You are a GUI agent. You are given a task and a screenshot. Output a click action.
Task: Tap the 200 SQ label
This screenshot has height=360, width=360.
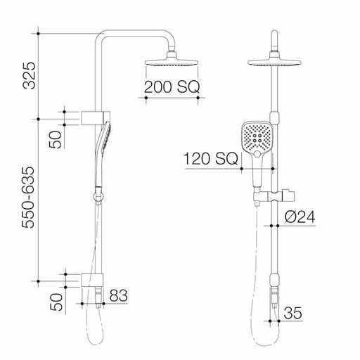tap(172, 88)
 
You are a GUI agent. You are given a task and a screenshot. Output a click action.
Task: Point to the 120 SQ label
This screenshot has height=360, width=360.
tap(208, 160)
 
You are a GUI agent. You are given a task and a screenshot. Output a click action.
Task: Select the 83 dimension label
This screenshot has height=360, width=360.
tap(117, 295)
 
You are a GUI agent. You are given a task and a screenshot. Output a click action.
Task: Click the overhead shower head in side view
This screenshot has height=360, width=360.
tap(172, 63)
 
